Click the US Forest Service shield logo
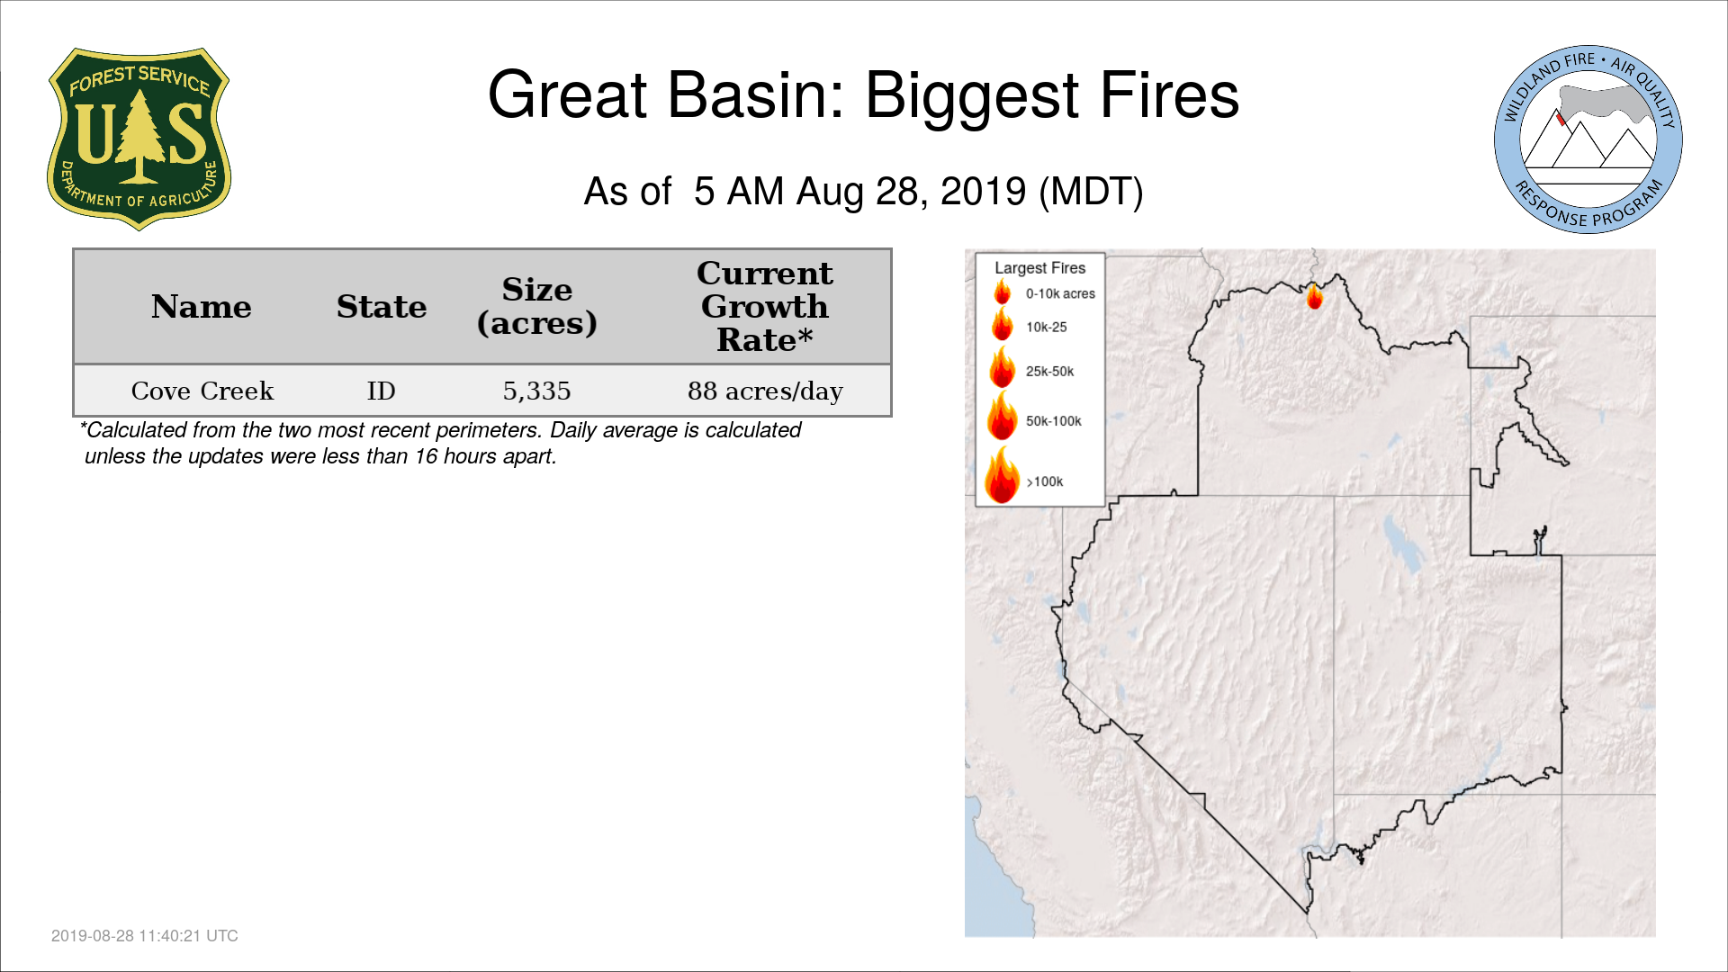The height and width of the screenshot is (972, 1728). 139,139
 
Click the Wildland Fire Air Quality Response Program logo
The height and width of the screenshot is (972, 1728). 1588,139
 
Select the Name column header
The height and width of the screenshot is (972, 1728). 202,307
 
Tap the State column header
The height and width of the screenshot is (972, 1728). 382,307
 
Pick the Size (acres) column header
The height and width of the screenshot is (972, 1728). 537,306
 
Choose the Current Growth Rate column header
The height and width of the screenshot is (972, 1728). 765,306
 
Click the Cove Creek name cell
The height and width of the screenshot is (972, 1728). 202,391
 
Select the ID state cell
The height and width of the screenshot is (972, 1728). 382,391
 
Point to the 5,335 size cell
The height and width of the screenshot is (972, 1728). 537,391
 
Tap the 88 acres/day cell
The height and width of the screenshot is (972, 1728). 765,391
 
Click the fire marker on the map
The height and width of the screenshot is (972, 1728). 1315,295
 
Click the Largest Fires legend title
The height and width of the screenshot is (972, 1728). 1040,268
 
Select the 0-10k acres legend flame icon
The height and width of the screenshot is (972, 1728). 1002,292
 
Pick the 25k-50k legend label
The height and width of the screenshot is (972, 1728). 1050,372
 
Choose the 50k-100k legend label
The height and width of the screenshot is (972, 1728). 1054,421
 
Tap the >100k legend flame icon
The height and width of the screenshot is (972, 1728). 1002,474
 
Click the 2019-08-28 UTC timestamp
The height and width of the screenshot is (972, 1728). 145,936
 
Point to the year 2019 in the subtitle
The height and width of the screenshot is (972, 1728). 984,192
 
